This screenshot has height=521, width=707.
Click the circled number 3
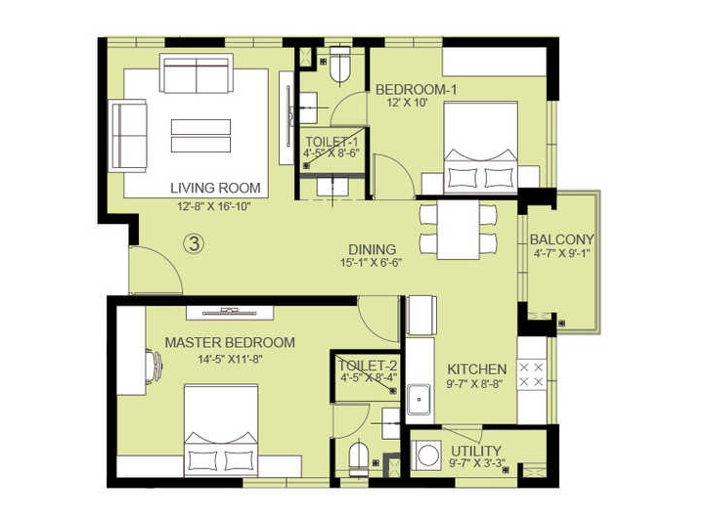tap(195, 243)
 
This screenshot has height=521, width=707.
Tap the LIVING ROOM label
tap(215, 188)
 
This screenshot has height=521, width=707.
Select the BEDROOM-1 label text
tap(417, 90)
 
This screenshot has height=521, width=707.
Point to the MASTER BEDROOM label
tap(230, 342)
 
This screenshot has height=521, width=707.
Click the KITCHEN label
tap(476, 369)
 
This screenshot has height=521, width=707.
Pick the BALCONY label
tap(562, 239)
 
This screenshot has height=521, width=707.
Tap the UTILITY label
tap(476, 451)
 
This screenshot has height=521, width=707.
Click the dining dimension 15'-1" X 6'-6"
tap(372, 262)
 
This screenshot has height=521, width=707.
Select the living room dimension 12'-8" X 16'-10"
tap(214, 207)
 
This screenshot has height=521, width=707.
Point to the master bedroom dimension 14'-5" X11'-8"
tap(230, 360)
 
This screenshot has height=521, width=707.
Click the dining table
tap(458, 230)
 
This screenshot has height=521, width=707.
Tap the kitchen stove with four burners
tap(531, 374)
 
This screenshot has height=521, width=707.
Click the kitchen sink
tap(419, 400)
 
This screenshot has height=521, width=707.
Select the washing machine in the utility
tap(426, 455)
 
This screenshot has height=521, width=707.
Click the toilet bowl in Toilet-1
tap(339, 65)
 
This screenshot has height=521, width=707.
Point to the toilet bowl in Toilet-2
tap(359, 458)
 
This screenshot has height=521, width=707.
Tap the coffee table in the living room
tap(201, 136)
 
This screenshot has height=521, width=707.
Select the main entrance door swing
tap(156, 271)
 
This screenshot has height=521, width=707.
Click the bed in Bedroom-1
tap(481, 148)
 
